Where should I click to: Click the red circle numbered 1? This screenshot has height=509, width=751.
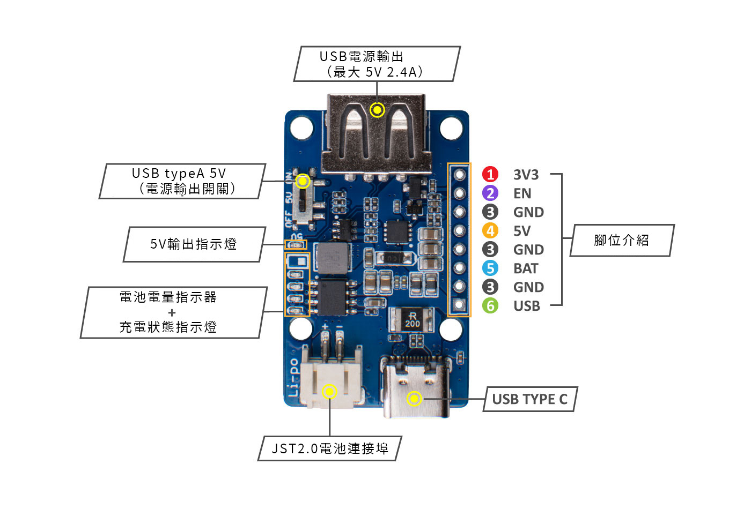(x=490, y=174)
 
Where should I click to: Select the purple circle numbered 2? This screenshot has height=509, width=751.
(x=490, y=193)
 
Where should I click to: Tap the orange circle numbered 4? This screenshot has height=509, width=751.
(x=490, y=230)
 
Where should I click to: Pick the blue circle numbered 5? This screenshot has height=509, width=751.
(x=490, y=268)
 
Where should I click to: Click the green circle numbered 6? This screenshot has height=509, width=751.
(x=490, y=305)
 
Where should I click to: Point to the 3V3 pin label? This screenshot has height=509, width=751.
(x=526, y=175)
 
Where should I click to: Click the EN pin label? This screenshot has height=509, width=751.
(x=522, y=193)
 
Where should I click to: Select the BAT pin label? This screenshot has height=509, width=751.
(x=525, y=268)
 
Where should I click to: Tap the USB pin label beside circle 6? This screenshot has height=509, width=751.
(x=526, y=306)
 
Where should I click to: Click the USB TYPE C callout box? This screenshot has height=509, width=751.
(x=529, y=399)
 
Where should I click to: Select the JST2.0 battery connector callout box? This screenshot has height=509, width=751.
(x=329, y=448)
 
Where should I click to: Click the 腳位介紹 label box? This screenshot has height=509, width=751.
(x=621, y=240)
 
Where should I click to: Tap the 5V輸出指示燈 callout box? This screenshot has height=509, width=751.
(x=194, y=244)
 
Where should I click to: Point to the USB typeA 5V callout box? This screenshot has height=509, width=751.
(x=182, y=181)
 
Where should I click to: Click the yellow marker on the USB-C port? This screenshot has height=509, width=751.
(x=414, y=399)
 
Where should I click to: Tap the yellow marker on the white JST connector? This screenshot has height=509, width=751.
(x=329, y=392)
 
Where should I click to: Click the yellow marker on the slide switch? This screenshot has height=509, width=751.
(x=303, y=181)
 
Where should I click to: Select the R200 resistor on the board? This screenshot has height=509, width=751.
(x=412, y=319)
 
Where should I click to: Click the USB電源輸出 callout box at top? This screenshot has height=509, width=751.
(x=377, y=64)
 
